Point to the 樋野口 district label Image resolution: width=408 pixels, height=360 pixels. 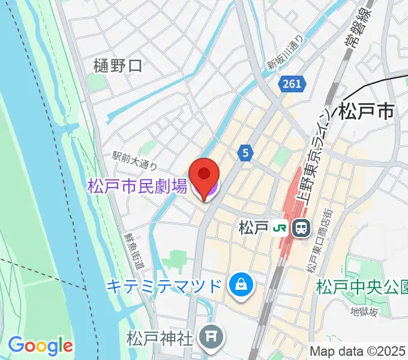[x=118, y=65]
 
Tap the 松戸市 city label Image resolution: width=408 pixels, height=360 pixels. [x=367, y=112]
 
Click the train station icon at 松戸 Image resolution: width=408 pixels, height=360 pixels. [x=300, y=228]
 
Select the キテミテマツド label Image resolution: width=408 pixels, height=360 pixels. [x=164, y=285]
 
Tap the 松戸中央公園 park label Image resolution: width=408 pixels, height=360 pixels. [x=362, y=285]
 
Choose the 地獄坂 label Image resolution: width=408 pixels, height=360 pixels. [x=365, y=311]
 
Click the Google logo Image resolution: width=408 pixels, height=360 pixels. [x=40, y=345]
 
